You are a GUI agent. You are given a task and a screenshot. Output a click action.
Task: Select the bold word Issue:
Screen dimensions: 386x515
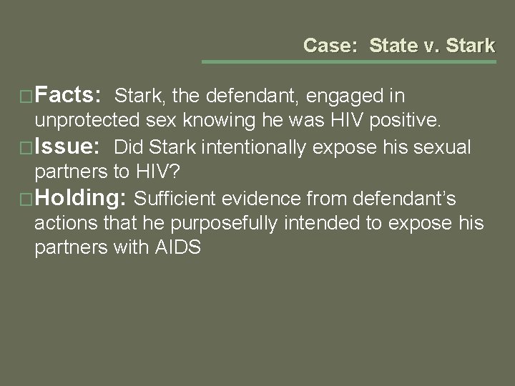click(70, 147)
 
